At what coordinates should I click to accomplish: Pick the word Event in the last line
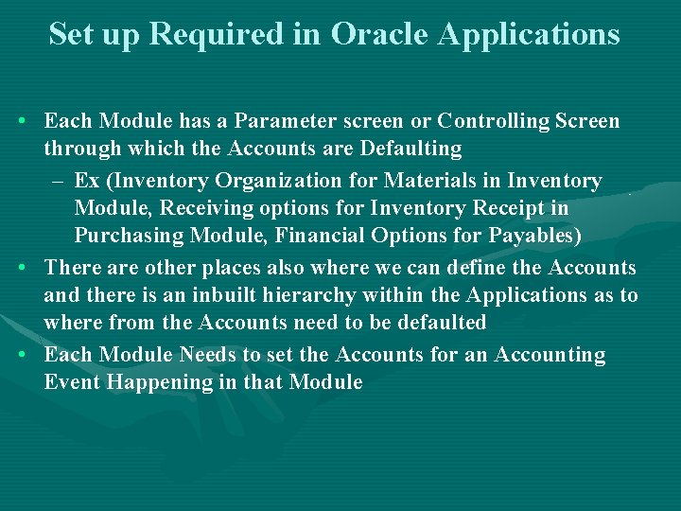67,382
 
